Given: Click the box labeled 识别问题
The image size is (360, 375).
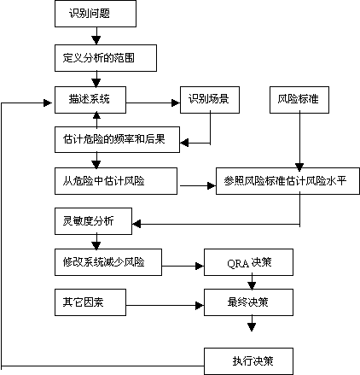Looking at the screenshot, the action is [x=96, y=14].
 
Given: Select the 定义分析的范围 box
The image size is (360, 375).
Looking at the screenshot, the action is [x=106, y=58].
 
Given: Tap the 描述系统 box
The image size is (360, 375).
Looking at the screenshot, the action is [x=90, y=100].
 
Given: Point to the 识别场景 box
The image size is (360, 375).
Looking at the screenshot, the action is [x=210, y=100].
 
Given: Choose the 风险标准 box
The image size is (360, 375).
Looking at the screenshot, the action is [x=299, y=100].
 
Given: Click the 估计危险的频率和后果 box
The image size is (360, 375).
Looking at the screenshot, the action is [x=117, y=139].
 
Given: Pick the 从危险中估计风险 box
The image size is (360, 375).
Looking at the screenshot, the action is [x=116, y=181].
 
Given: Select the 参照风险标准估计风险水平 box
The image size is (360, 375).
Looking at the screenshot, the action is [x=287, y=181].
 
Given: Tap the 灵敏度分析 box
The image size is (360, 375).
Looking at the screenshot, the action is [x=93, y=221].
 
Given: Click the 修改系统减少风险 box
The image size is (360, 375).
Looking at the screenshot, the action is [x=108, y=262].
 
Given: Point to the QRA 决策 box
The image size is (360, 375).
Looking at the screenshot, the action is [x=248, y=262].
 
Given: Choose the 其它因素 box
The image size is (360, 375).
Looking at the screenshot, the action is [x=90, y=302].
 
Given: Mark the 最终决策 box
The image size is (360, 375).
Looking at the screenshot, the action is [x=248, y=302].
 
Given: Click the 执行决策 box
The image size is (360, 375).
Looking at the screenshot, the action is [x=248, y=361].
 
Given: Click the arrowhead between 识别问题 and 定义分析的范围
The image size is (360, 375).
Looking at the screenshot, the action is [x=96, y=40].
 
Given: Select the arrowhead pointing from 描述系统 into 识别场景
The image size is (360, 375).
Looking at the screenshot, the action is [x=176, y=103].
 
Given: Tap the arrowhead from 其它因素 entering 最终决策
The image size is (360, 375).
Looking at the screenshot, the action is [x=200, y=306].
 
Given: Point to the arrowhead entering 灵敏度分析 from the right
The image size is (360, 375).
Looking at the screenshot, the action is [x=136, y=224].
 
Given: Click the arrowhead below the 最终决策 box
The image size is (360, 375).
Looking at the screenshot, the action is [x=252, y=327].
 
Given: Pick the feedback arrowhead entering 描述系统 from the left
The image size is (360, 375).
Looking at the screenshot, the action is [x=48, y=103].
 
